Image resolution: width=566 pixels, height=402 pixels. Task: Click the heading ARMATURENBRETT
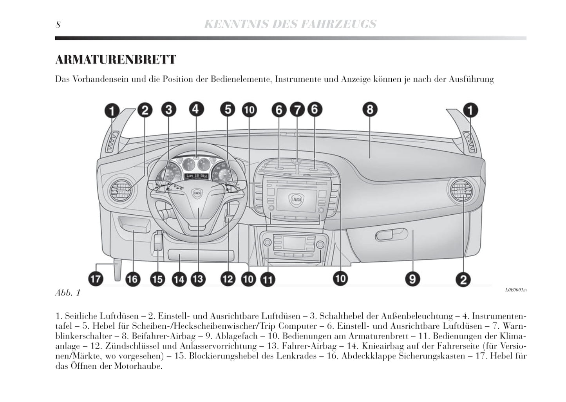(116, 60)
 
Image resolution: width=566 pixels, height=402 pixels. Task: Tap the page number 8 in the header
(58, 25)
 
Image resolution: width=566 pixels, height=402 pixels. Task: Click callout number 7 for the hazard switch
(297, 110)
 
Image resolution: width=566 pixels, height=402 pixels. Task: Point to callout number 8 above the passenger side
(370, 109)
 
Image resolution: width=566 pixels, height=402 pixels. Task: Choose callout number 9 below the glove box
(412, 279)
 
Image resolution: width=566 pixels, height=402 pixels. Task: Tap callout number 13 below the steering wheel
(198, 279)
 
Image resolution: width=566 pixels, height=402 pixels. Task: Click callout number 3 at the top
(168, 110)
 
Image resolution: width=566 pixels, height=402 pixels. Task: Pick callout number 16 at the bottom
(132, 279)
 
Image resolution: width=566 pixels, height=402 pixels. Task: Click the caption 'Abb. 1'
(68, 293)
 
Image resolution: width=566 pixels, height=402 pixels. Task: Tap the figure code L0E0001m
(515, 290)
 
